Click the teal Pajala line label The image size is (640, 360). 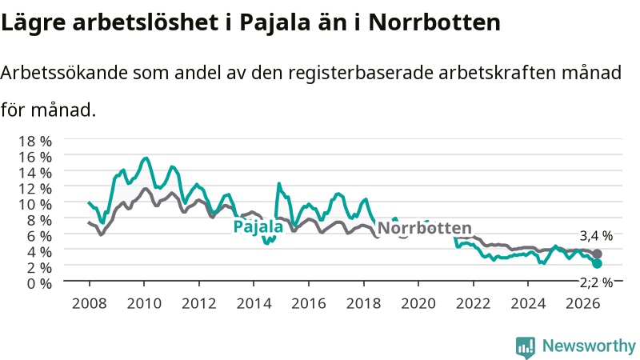point(258,226)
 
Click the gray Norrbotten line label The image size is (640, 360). point(425,228)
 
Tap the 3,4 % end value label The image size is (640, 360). point(596,236)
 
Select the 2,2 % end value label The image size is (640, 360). point(596,282)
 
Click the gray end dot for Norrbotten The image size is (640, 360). point(597,254)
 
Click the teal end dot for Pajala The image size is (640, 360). point(597,264)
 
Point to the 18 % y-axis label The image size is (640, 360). point(35,142)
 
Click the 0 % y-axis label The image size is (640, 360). point(39,283)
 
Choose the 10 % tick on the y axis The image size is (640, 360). point(35,204)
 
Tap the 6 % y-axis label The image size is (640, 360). point(39,236)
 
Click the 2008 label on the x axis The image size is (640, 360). point(90,304)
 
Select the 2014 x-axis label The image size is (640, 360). point(254,304)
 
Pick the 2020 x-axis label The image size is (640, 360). point(418,304)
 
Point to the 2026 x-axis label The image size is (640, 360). point(583,304)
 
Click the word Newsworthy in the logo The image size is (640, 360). point(589,346)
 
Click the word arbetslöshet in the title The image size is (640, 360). point(146,22)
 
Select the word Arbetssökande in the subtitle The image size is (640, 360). point(64,74)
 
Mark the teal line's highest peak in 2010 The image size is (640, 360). point(146,158)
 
